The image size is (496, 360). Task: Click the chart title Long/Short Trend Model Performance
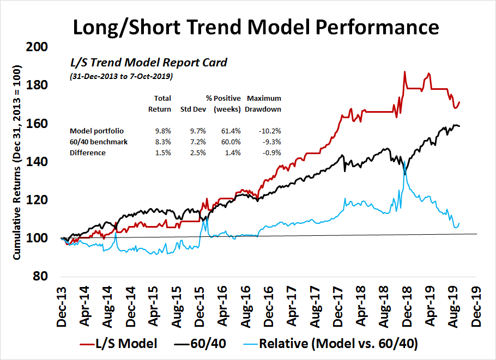click(247, 26)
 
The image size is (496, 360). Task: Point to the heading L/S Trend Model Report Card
click(146, 63)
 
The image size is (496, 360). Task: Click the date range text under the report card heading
click(121, 77)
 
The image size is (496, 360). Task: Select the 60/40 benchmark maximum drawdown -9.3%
click(264, 142)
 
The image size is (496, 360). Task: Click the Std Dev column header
click(192, 109)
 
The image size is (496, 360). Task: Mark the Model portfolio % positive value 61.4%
click(223, 131)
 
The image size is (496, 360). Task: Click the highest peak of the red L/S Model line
click(404, 72)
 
